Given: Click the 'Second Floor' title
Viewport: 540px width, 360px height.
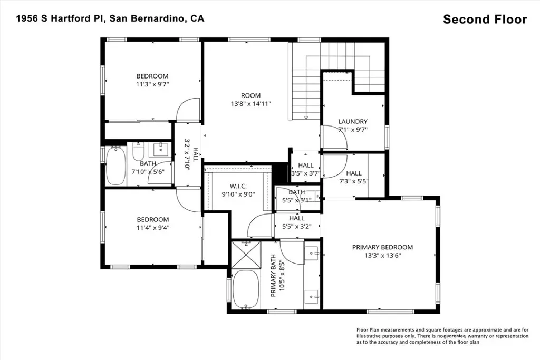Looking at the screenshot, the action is point(485,20).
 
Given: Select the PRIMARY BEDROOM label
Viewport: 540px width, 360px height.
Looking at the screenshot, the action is point(382,247).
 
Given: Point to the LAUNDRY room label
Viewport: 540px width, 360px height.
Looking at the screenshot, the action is point(353,121).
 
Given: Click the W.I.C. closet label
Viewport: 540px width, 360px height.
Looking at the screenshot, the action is point(238,186).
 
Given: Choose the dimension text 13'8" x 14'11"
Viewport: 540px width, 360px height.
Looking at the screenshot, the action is point(250,104).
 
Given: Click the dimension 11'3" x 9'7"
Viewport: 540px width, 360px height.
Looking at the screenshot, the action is point(152,84).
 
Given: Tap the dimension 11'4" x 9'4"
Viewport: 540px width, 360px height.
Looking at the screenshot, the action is point(152,228).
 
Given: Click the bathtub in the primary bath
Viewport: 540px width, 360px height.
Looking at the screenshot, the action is point(246,289).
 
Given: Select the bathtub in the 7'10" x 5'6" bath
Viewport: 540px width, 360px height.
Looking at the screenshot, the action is point(115,166).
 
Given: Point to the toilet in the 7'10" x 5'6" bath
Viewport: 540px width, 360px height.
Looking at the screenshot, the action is point(138,152).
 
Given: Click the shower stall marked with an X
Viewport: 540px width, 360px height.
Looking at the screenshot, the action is point(246,255).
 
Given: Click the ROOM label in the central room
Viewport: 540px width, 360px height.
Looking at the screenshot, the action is point(250,96).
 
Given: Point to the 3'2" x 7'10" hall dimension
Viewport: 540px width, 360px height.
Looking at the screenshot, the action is point(187,154).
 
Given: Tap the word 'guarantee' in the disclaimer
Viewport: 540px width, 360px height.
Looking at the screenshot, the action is point(455,336).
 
